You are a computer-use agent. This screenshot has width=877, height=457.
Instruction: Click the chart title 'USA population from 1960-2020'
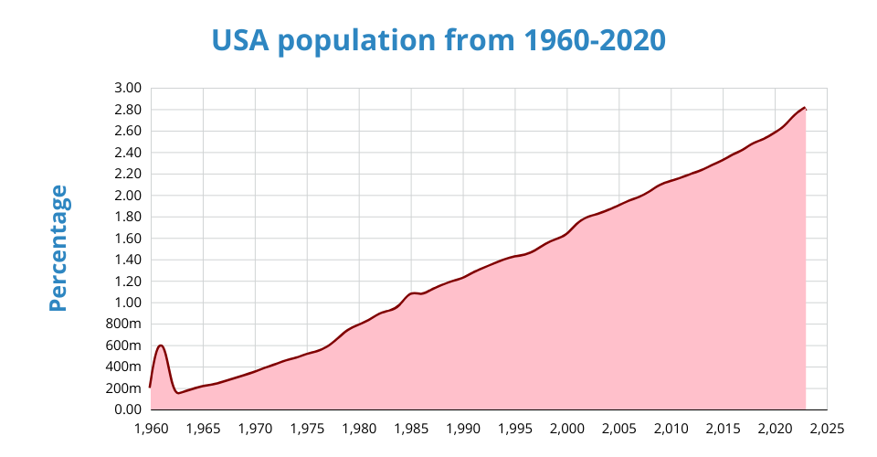(438, 41)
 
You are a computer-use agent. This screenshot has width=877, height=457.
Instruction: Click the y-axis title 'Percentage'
(58, 248)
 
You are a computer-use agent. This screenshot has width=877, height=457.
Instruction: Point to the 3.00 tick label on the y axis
(128, 88)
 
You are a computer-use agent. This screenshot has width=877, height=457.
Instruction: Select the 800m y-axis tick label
(124, 324)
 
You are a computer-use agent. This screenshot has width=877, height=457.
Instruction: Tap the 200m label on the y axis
(124, 388)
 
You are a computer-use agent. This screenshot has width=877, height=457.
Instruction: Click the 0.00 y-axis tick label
(128, 409)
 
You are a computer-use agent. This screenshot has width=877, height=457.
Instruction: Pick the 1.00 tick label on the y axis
(128, 303)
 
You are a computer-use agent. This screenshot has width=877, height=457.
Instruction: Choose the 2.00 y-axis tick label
(128, 196)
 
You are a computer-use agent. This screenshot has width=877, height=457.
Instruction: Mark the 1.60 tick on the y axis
(128, 239)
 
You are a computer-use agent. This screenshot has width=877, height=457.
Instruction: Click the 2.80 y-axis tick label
(128, 110)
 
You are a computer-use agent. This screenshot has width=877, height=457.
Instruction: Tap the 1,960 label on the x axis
(151, 428)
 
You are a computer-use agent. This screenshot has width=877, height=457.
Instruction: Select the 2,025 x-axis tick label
(827, 428)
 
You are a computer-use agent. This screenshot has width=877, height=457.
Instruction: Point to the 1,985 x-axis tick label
(411, 428)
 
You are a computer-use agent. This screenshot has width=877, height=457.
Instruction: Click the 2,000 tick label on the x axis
(566, 428)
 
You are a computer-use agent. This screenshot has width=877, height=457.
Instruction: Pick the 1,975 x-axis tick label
(307, 428)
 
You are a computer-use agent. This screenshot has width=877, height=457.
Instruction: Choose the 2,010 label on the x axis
(671, 428)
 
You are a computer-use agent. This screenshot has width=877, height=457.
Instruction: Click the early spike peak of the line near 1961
(161, 345)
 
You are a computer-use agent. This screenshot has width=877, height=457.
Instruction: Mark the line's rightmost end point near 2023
(805, 108)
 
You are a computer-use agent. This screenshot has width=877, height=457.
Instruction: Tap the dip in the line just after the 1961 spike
(178, 393)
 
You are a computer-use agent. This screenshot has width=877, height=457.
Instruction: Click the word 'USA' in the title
(242, 41)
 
